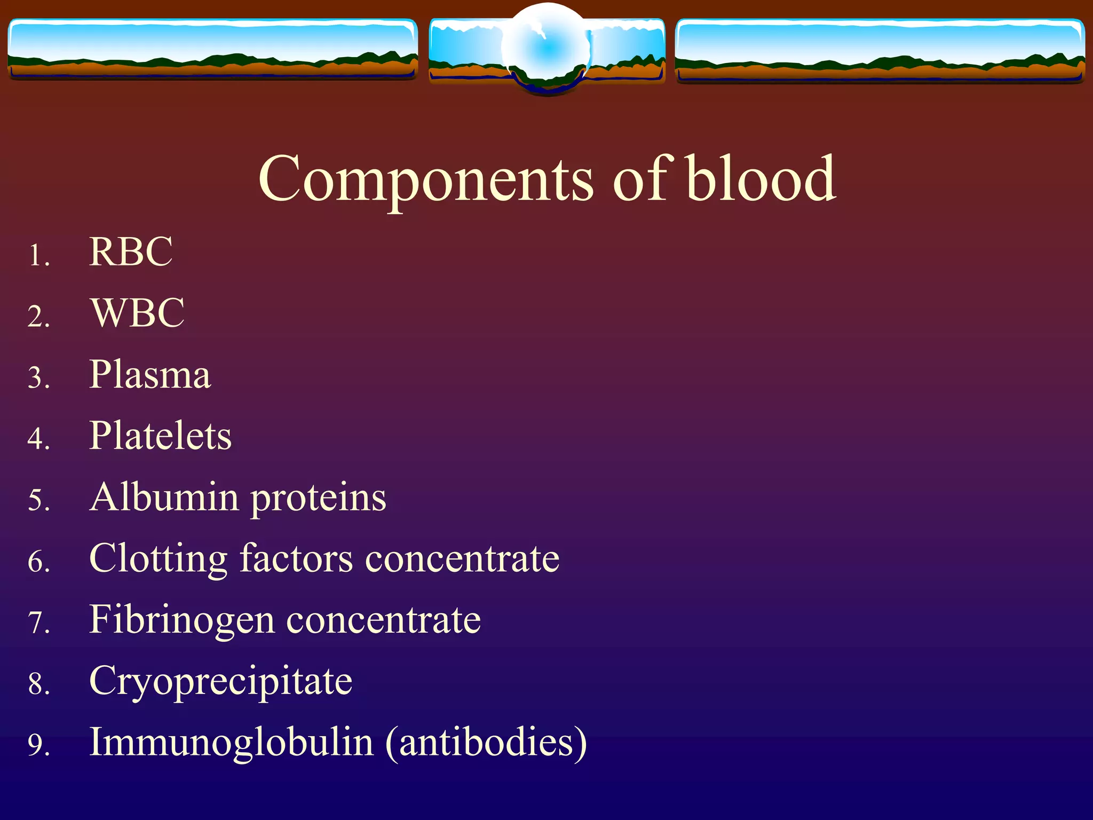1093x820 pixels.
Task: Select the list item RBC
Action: click(x=131, y=251)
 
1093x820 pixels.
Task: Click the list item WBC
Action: click(x=138, y=313)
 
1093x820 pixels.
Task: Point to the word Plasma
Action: click(x=150, y=375)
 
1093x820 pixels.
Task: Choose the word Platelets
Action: click(x=160, y=436)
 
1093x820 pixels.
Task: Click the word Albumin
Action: click(x=164, y=498)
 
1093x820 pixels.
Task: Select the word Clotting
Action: click(x=158, y=559)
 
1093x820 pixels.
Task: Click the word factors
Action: click(x=296, y=559)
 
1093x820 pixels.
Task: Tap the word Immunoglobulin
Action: click(x=231, y=743)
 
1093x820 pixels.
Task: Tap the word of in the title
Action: click(x=639, y=179)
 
